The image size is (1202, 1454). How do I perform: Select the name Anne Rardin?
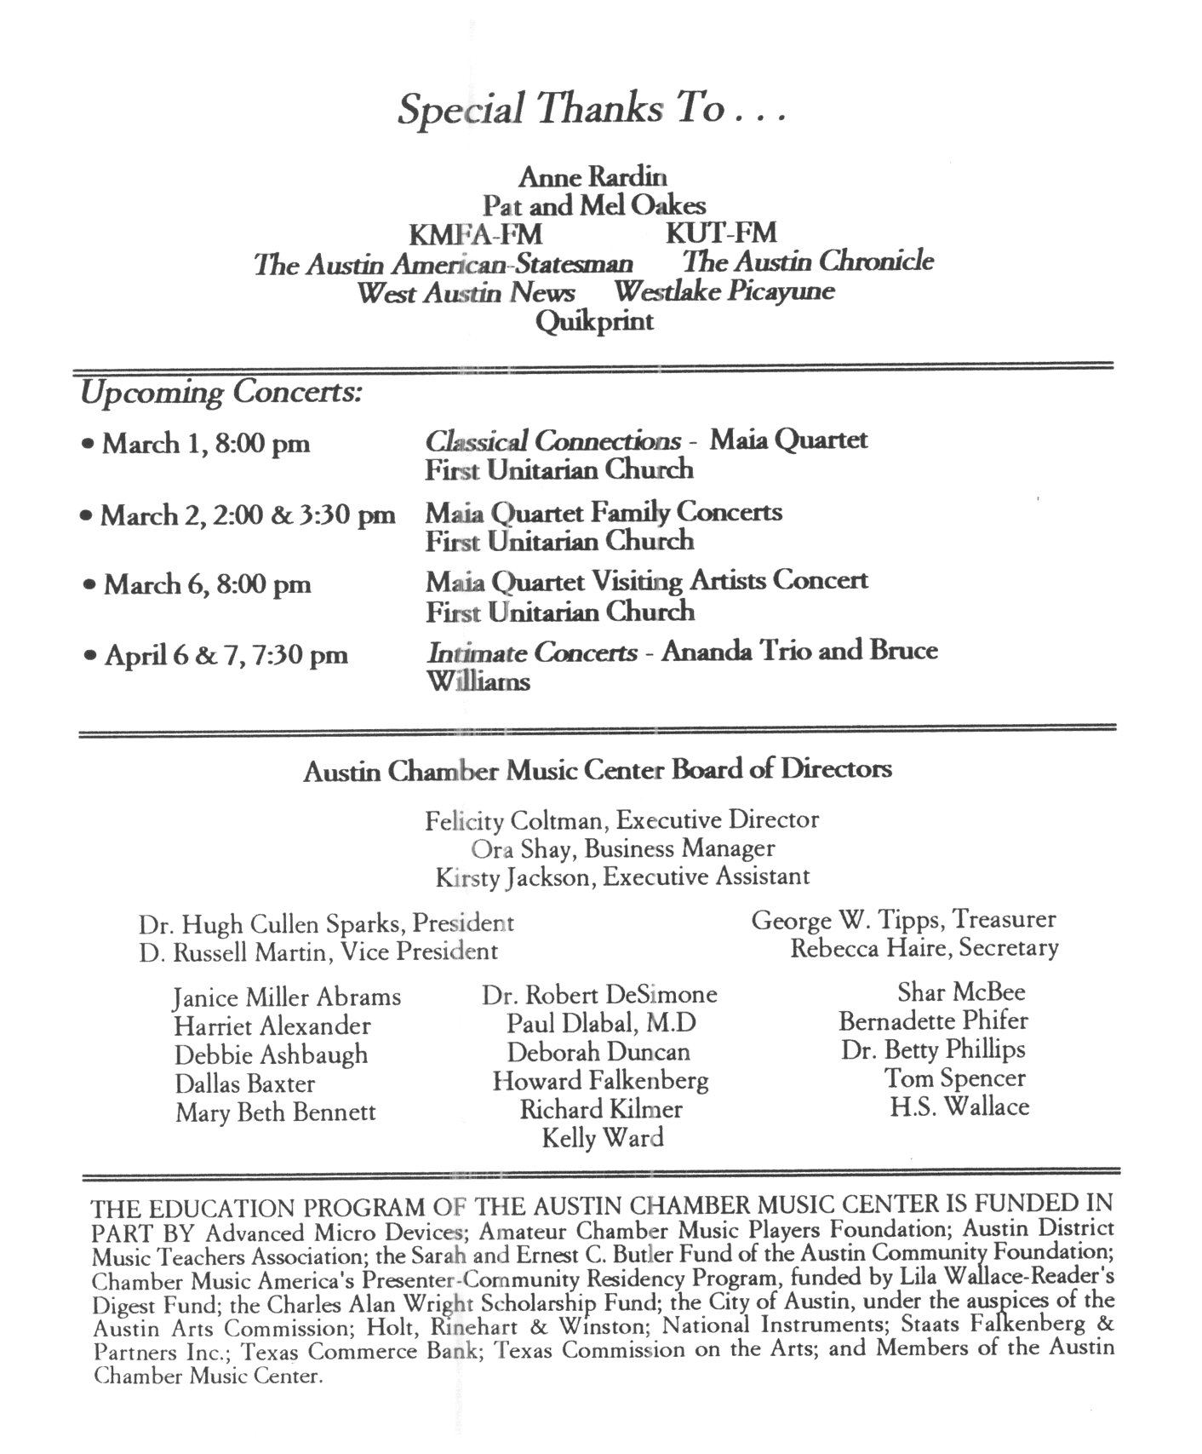[x=592, y=177]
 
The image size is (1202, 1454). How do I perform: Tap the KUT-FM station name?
[x=721, y=233]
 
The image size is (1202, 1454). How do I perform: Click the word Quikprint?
[x=594, y=321]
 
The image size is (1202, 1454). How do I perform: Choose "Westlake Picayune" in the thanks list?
[x=724, y=291]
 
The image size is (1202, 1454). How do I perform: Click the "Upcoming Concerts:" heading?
[x=220, y=393]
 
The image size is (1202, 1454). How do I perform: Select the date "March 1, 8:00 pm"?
[x=206, y=444]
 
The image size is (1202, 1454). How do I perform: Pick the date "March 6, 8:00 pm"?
[x=207, y=584]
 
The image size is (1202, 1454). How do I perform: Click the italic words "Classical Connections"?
[x=552, y=441]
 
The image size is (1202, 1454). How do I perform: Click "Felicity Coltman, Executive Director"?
[x=621, y=820]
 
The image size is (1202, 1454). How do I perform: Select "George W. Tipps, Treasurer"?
[x=903, y=920]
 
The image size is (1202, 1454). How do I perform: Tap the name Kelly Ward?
[x=603, y=1138]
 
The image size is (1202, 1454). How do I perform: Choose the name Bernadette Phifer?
[x=933, y=1020]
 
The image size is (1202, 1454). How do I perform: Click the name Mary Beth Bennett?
[x=275, y=1112]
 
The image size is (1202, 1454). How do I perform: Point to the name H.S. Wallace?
[x=959, y=1107]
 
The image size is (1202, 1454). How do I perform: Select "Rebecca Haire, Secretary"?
[x=924, y=948]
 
